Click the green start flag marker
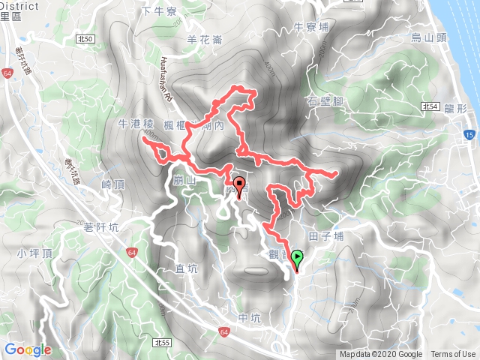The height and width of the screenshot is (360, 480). tap(297, 259)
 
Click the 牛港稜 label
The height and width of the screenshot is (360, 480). tap(134, 123)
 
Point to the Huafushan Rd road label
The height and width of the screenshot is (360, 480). tap(168, 75)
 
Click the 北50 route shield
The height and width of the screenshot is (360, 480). tap(86, 38)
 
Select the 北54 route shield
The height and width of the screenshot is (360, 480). tap(429, 106)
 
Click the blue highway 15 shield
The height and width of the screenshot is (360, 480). tap(468, 135)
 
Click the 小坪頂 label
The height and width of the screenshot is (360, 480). tap(31, 253)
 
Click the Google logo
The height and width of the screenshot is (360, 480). tap(27, 349)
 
